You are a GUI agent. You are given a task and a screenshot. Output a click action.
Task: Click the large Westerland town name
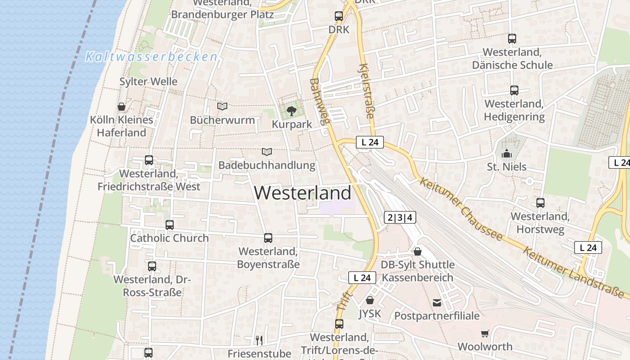[x=302, y=193]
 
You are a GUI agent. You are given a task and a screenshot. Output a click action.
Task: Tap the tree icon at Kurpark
[x=292, y=110]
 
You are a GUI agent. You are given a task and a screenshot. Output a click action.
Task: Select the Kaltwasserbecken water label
[x=152, y=57]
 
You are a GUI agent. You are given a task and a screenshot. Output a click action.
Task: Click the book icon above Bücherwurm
[x=222, y=106]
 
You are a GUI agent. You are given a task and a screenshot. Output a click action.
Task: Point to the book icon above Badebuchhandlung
[x=267, y=152]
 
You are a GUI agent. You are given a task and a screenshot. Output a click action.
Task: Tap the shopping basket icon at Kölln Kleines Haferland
[x=121, y=107]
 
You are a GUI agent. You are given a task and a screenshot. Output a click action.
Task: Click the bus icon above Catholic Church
[x=169, y=225]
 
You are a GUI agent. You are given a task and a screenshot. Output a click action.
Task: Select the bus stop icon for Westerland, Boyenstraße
[x=268, y=238]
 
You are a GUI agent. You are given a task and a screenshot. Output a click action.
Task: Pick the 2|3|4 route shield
[x=400, y=218]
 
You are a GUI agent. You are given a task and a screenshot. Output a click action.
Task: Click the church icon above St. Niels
[x=507, y=153]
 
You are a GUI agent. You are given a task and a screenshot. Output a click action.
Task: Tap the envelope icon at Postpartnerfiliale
[x=437, y=302]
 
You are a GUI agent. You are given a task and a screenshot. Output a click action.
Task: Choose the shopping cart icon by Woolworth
[x=485, y=333]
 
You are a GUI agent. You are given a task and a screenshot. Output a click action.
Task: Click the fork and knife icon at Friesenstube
[x=259, y=340]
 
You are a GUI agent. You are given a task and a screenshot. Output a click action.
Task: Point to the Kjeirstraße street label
[x=366, y=91]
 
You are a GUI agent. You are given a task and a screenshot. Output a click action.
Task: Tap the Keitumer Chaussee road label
[x=460, y=209]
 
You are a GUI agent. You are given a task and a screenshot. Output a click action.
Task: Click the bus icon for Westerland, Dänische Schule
[x=512, y=39]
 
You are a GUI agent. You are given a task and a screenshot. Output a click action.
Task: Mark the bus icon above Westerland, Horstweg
[x=540, y=203]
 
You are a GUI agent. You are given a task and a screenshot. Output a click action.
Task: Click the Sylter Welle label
[x=148, y=81]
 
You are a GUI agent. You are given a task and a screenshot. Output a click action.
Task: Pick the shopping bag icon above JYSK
[x=370, y=300]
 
